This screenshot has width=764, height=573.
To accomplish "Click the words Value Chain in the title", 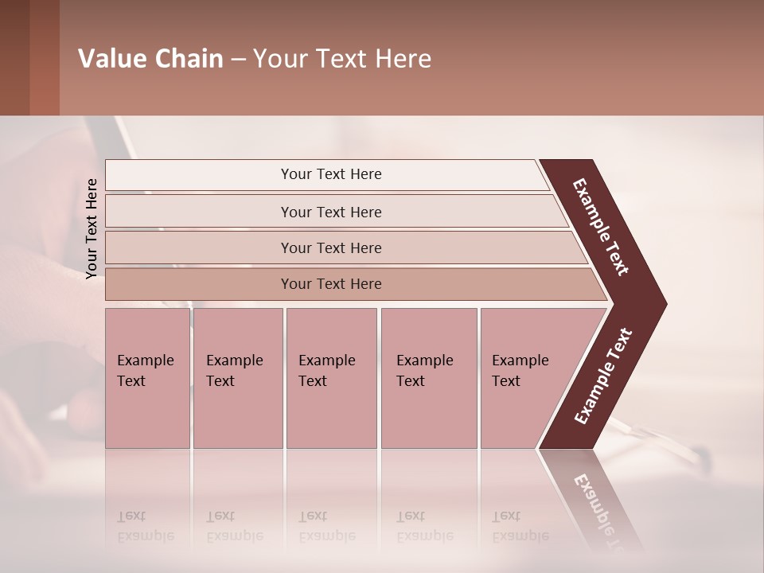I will click(150, 59).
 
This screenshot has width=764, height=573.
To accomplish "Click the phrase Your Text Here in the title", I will click(342, 59).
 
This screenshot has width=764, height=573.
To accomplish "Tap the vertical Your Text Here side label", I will click(92, 228).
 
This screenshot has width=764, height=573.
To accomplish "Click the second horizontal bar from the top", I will click(330, 212).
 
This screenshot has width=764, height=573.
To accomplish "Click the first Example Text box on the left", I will click(147, 378).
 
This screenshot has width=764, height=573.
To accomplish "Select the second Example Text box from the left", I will click(237, 378).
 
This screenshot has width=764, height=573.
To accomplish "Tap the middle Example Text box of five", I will click(331, 378).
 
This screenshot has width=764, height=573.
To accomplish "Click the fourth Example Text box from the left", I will click(429, 378).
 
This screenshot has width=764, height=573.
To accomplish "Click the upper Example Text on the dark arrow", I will click(602, 228).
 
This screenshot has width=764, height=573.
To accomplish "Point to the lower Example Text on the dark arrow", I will click(602, 376).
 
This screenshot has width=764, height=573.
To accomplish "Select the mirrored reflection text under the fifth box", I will click(520, 527).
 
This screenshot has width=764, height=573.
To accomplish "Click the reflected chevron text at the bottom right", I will click(601, 509).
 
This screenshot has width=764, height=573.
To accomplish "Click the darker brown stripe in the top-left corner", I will click(14, 57).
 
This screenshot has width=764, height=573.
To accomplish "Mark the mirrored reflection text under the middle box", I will click(326, 527).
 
